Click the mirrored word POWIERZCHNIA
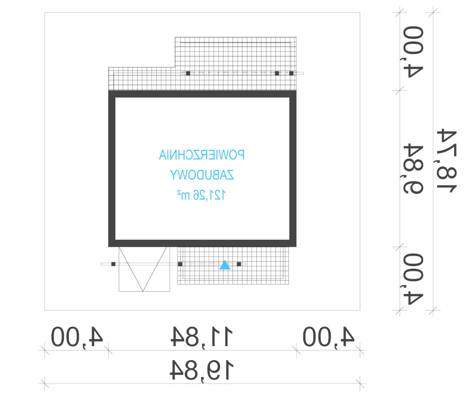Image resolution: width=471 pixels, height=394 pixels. point(202,155)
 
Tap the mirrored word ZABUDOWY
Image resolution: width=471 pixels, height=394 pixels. point(202,175)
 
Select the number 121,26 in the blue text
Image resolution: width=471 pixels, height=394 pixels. point(209,195)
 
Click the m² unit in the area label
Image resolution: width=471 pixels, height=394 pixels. point(183,195)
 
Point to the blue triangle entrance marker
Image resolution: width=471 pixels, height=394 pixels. point(225,265)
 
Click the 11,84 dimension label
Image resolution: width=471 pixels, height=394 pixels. point(202,337)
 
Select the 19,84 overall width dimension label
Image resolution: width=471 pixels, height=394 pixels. point(202,370)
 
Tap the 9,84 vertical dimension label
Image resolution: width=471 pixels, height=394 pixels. point(414,169)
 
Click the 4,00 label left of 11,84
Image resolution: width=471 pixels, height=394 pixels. point(77,337)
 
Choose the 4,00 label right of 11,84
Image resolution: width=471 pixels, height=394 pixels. point(328,337)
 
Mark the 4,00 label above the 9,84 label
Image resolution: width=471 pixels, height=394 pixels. point(412,52)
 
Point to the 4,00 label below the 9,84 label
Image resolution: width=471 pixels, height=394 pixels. point(412,279)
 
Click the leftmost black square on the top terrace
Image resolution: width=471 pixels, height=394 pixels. point(188,73)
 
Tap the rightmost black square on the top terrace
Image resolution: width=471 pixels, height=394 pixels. point(291,73)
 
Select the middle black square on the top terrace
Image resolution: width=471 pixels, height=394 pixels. point(277,73)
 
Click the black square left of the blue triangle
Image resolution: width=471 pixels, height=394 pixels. point(180,264)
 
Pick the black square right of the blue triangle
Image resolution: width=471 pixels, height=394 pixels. point(239,264)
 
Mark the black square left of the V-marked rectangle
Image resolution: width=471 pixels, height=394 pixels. point(113,264)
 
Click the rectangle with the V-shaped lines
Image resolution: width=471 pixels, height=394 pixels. point(119,269)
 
